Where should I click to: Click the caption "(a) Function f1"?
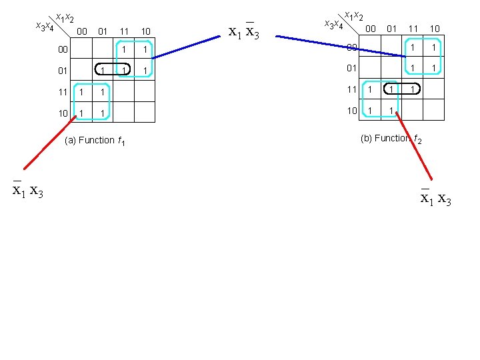point(97,141)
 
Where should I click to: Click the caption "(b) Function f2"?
point(391,139)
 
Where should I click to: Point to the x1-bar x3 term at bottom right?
point(436,197)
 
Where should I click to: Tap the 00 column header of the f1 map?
point(81,31)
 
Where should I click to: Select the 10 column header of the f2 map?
point(435,29)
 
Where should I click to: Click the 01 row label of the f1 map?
point(62,70)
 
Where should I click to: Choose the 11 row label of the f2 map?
point(351,89)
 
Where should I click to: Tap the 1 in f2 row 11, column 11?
point(413,89)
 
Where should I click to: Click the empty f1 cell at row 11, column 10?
point(145,91)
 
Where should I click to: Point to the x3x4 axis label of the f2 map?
point(333,25)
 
